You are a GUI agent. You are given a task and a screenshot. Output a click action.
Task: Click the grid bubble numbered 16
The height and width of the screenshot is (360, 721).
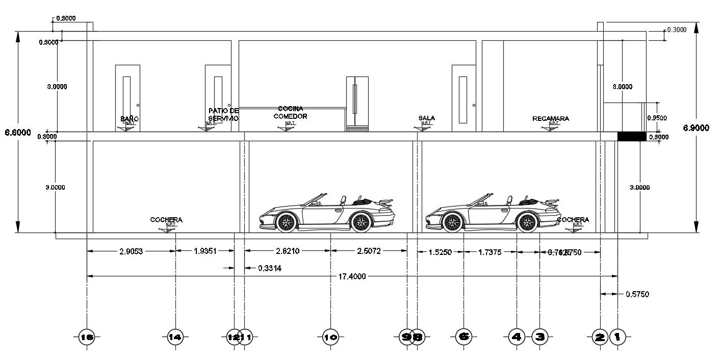point(87,337)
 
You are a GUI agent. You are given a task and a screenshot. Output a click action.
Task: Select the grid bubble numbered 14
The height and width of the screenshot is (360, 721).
point(175,337)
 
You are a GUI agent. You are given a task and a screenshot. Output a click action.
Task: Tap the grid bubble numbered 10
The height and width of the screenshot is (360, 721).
point(330,337)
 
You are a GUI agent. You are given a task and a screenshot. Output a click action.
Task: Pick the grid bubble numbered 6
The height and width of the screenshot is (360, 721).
point(463,337)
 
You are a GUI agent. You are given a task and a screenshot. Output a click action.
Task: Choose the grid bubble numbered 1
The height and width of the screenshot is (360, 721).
point(617,337)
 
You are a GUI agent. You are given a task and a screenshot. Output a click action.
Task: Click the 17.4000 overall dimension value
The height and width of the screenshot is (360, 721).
point(352,276)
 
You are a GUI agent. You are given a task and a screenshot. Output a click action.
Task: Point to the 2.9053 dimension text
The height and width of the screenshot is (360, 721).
point(131,251)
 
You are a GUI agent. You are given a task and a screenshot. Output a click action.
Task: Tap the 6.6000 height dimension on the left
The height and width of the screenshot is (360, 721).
point(18,133)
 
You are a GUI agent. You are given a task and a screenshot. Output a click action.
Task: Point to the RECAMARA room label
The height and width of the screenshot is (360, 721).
point(551,119)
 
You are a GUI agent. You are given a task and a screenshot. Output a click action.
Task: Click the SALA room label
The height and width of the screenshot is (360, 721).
point(427,118)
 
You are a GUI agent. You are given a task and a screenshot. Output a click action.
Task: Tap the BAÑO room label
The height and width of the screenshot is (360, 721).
point(130,119)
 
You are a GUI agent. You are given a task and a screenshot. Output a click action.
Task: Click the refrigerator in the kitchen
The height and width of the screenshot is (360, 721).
point(357,104)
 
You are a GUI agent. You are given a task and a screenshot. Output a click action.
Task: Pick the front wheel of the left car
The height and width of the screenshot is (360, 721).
point(286,222)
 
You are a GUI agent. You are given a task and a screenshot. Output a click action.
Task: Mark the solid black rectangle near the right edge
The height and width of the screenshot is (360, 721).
point(632,136)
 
